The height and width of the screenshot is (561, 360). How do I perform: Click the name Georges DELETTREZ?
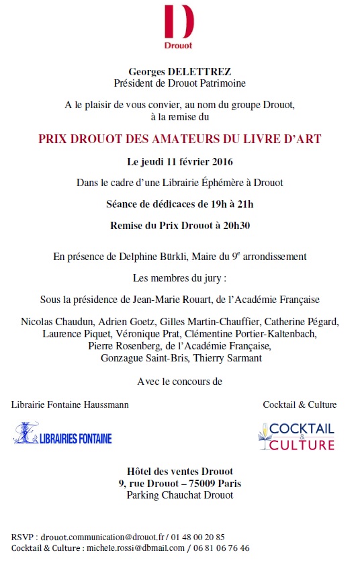click(179, 73)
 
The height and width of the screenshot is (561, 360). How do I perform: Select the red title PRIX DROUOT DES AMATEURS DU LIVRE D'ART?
click(179, 139)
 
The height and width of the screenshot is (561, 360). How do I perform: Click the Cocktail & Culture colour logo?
click(296, 436)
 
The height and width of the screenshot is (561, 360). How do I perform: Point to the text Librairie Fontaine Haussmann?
click(70, 404)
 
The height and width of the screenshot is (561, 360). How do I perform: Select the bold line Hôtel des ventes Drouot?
click(179, 471)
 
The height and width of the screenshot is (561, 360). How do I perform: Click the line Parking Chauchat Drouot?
click(179, 495)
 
